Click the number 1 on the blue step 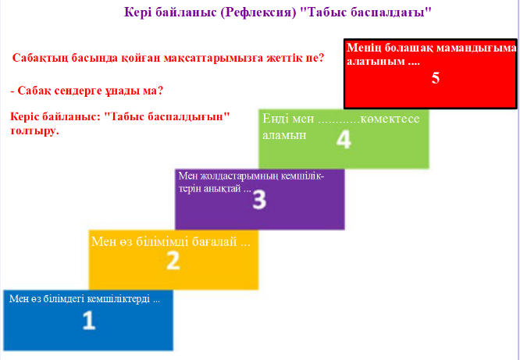(89, 320)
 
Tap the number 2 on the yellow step (173, 261)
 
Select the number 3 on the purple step (259, 201)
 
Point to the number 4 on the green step (344, 140)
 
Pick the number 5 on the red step (436, 78)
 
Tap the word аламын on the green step (284, 135)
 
